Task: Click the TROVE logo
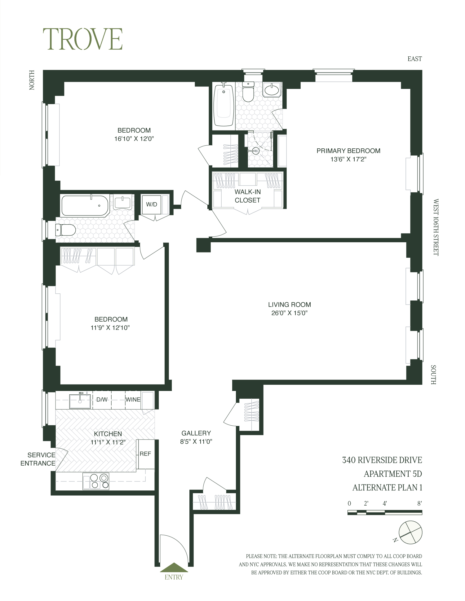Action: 82,39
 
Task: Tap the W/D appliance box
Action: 152,204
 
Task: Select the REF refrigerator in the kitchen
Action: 146,454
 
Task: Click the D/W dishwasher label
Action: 102,400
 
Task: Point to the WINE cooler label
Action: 133,400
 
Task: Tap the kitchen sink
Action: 80,401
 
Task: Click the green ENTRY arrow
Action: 174,568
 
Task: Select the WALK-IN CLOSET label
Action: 247,196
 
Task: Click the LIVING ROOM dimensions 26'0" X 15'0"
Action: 289,313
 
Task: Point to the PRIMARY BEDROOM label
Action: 348,151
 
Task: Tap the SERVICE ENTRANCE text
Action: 38,459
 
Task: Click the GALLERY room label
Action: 196,433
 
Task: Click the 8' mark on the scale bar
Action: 419,503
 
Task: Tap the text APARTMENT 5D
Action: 392,474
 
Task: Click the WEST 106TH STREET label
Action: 436,227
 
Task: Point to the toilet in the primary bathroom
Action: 248,92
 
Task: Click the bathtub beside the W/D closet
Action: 85,205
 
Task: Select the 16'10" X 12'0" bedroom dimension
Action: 134,139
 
